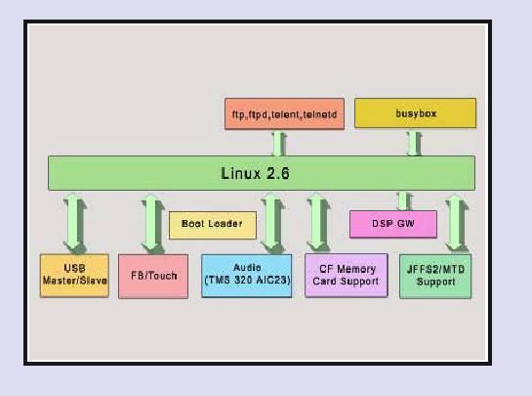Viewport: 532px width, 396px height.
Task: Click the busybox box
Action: pos(415,113)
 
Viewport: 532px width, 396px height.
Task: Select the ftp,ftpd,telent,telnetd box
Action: pos(284,113)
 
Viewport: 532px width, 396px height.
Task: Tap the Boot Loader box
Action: pos(213,225)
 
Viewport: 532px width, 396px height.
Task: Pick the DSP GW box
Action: pos(393,224)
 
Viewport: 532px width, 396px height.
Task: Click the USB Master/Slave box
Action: pos(74,276)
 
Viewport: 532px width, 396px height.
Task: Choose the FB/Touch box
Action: pos(153,277)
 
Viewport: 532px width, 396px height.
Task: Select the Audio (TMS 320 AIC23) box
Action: pos(246,276)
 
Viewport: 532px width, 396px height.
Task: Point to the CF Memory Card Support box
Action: pos(347,276)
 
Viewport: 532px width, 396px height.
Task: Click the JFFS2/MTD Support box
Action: pos(435,277)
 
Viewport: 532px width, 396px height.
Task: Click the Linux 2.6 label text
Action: pos(255,173)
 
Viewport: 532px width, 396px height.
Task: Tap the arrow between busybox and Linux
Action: pos(413,143)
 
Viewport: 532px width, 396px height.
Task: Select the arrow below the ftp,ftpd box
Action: pos(279,143)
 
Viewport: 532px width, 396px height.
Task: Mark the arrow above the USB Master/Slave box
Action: pos(73,223)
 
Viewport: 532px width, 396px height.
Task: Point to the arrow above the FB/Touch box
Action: pos(151,223)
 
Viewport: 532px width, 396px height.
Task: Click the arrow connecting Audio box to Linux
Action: pos(270,222)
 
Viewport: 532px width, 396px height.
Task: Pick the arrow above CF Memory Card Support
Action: pos(316,222)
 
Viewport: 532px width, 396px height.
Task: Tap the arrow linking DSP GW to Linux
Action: pos(403,200)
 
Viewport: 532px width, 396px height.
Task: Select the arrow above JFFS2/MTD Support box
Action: pos(456,223)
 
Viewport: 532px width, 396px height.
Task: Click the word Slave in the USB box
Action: pos(94,281)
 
